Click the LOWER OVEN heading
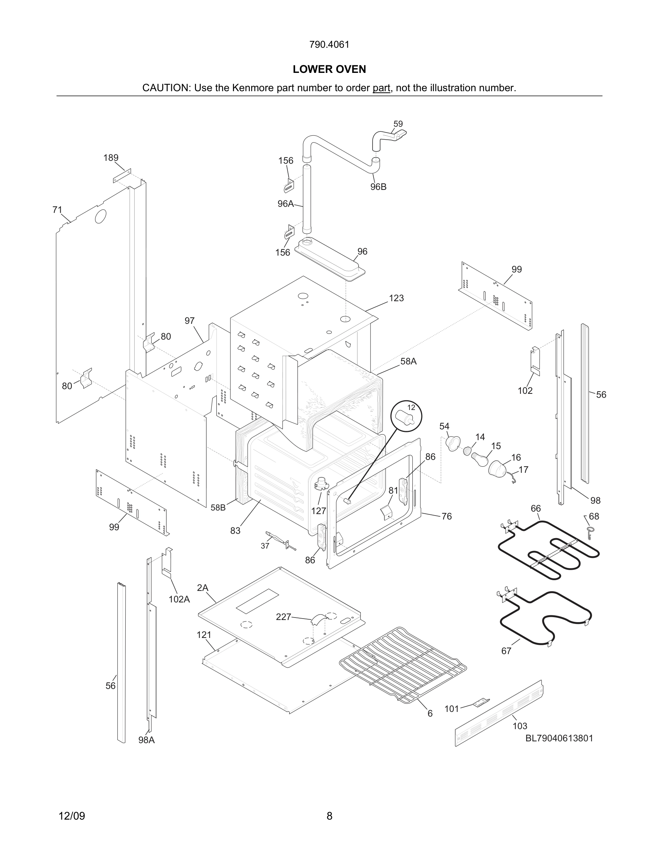[x=329, y=69]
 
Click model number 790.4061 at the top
[x=329, y=45]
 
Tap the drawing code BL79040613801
[x=559, y=738]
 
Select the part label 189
[x=111, y=158]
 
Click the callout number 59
[x=398, y=124]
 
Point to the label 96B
[x=378, y=187]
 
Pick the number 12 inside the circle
[x=411, y=407]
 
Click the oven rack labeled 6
[x=402, y=664]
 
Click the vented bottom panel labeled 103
[x=500, y=713]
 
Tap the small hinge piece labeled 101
[x=481, y=703]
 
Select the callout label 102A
[x=179, y=599]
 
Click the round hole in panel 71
[x=101, y=216]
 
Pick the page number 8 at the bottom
[x=329, y=816]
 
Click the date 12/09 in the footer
[x=72, y=816]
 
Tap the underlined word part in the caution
[x=381, y=88]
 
